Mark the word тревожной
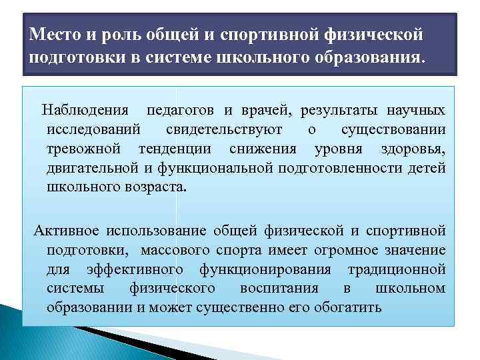point(85,148)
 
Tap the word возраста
point(156,187)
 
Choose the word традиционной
point(397,270)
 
